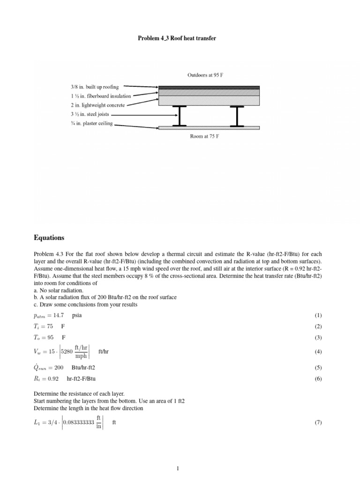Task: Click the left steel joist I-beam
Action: coord(179,116)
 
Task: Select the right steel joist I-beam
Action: coord(237,116)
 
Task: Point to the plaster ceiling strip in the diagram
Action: coord(209,127)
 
